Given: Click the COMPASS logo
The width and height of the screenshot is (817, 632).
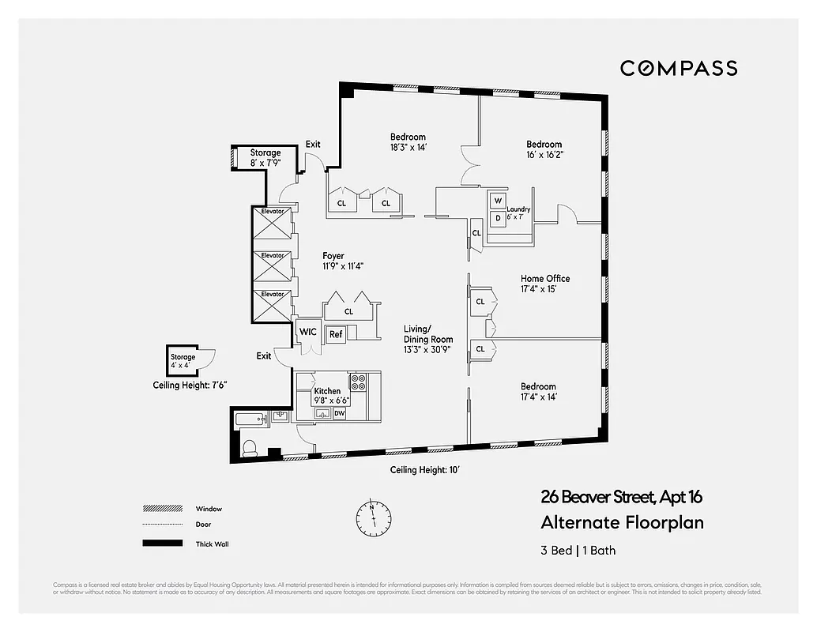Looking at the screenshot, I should [x=678, y=69].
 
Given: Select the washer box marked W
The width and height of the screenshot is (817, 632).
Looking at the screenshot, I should [x=498, y=201].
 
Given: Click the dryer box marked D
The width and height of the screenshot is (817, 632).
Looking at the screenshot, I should [x=498, y=218].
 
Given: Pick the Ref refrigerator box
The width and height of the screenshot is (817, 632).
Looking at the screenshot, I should [x=336, y=333].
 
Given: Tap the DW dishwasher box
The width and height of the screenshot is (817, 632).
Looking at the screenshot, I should [x=339, y=412].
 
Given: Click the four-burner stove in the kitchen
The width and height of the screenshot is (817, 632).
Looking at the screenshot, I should [x=358, y=383].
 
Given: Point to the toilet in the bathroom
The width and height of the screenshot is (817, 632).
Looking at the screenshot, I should [x=249, y=448].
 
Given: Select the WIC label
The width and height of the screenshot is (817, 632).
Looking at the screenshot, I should [x=307, y=332].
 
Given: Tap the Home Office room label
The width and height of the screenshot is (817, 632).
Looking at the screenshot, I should [x=544, y=279].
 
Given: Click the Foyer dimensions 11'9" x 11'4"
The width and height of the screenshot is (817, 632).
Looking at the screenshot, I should [x=342, y=266].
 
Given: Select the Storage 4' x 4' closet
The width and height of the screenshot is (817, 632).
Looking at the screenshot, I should [x=183, y=362].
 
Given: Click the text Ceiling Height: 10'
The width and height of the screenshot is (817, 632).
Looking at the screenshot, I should [x=424, y=470].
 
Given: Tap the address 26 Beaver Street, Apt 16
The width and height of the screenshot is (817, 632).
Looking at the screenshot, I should [x=621, y=497].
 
